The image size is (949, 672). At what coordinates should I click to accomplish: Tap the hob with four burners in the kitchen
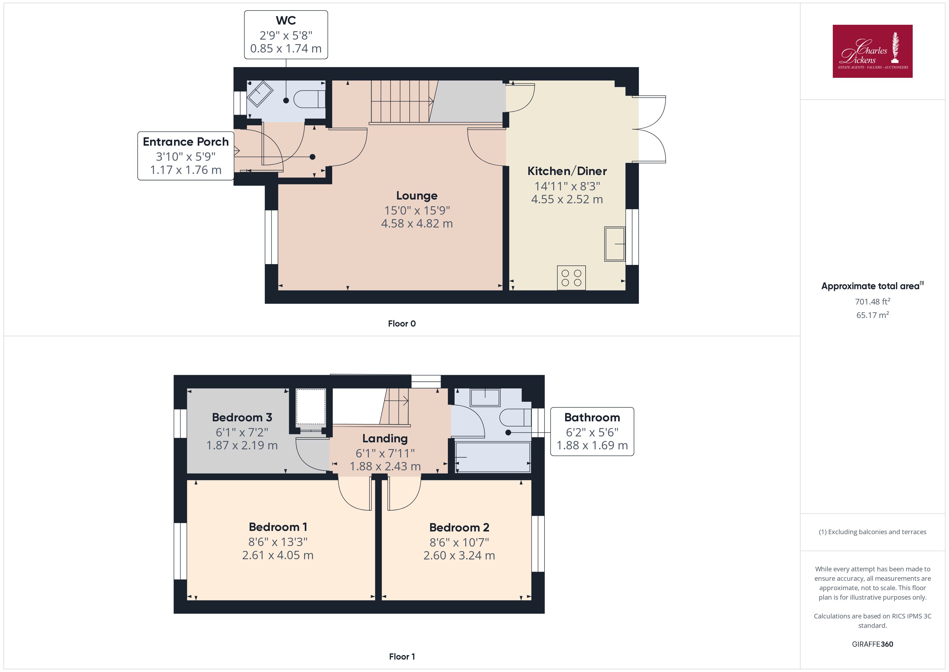pyautogui.click(x=571, y=278)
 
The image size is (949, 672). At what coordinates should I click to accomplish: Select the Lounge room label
pyautogui.click(x=417, y=196)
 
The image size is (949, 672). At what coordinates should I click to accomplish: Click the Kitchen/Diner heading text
pyautogui.click(x=567, y=171)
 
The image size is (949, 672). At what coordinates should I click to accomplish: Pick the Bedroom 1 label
pyautogui.click(x=278, y=527)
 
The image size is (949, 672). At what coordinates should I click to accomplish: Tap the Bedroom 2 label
pyautogui.click(x=459, y=528)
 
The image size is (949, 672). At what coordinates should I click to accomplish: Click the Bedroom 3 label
pyautogui.click(x=242, y=418)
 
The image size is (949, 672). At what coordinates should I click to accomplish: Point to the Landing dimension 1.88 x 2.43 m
pyautogui.click(x=385, y=466)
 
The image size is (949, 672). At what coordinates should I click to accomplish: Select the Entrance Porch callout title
pyautogui.click(x=186, y=142)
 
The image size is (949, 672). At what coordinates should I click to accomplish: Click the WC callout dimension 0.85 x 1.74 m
pyautogui.click(x=286, y=48)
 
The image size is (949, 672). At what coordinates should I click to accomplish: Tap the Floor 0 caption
pyautogui.click(x=402, y=324)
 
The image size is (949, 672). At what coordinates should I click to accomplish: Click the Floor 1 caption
pyautogui.click(x=402, y=657)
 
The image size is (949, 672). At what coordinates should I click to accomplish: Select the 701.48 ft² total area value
pyautogui.click(x=873, y=301)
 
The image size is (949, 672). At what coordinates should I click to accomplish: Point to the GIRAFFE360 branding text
pyautogui.click(x=873, y=644)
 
